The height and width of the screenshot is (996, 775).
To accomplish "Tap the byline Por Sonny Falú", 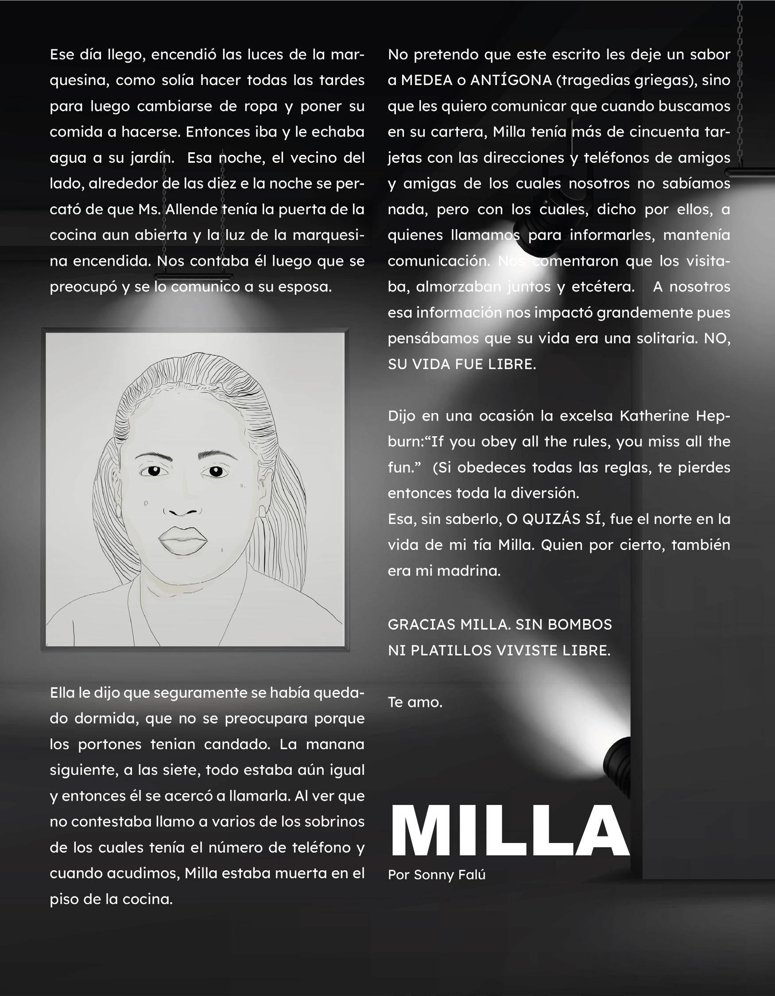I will tap(436, 875).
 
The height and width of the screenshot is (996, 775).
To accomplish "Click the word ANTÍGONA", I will tap(511, 80).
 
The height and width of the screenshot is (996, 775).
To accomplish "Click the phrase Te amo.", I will tap(415, 702).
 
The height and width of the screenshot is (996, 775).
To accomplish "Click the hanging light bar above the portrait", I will tap(194, 277).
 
